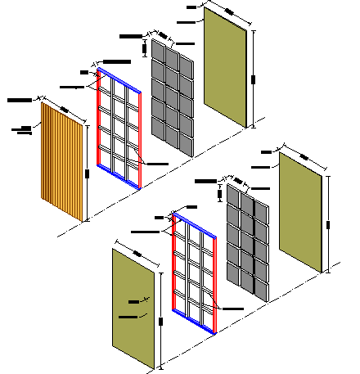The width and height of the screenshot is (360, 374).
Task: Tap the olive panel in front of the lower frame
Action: [x=133, y=308]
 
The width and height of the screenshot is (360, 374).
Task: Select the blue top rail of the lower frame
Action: [x=195, y=225]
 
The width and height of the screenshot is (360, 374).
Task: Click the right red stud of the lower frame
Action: [x=215, y=283]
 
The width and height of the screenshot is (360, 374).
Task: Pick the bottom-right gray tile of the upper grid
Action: [x=187, y=144]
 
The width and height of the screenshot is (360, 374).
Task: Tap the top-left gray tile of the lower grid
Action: [x=233, y=198]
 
